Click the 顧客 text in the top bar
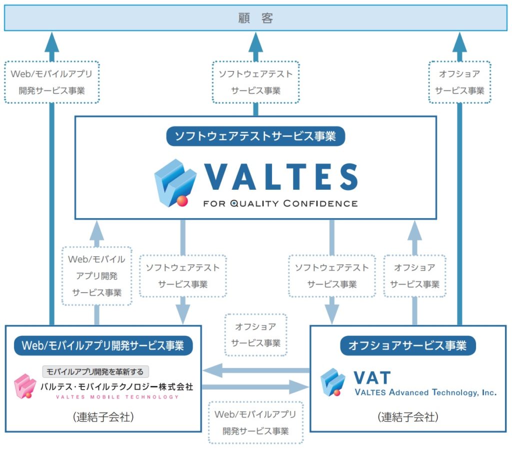pyautogui.click(x=255, y=18)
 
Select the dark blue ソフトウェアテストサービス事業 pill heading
pyautogui.click(x=255, y=136)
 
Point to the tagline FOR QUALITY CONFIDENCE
pyautogui.click(x=280, y=203)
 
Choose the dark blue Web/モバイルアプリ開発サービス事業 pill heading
pyautogui.click(x=103, y=345)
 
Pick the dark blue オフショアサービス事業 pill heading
pyautogui.click(x=408, y=345)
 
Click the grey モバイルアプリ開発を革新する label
pyautogui.click(x=95, y=372)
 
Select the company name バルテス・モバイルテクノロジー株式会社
pyautogui.click(x=116, y=386)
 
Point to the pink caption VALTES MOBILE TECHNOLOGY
pyautogui.click(x=117, y=397)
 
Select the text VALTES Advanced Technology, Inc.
pyautogui.click(x=425, y=393)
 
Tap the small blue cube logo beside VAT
pyautogui.click(x=332, y=382)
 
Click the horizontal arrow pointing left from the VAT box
pyautogui.click(x=255, y=371)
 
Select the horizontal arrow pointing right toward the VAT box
pyautogui.click(x=255, y=387)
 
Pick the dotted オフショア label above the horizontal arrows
pyautogui.click(x=255, y=335)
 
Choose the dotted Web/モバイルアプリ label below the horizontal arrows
pyautogui.click(x=255, y=423)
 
